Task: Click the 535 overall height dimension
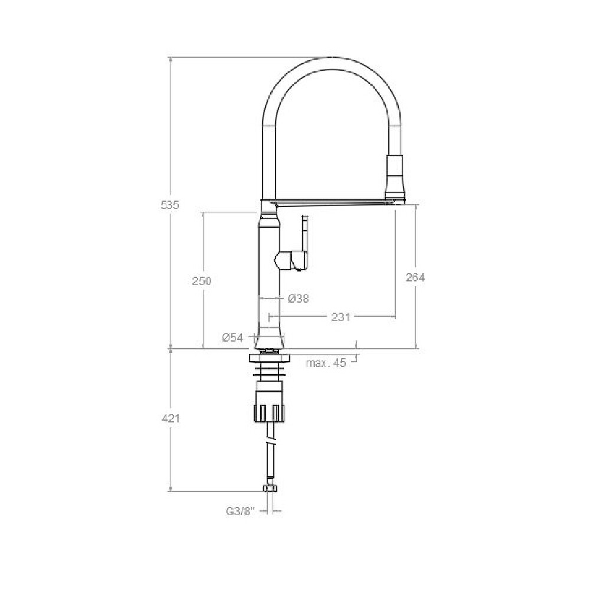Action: click(x=170, y=205)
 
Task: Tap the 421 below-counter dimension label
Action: click(x=171, y=418)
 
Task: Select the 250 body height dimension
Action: click(x=202, y=281)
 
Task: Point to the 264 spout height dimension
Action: click(x=415, y=277)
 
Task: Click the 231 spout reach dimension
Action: click(x=340, y=317)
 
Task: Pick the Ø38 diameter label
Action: click(x=298, y=299)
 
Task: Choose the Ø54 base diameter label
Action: click(x=232, y=337)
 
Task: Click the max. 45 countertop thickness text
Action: click(x=326, y=363)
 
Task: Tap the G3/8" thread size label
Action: click(x=241, y=512)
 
